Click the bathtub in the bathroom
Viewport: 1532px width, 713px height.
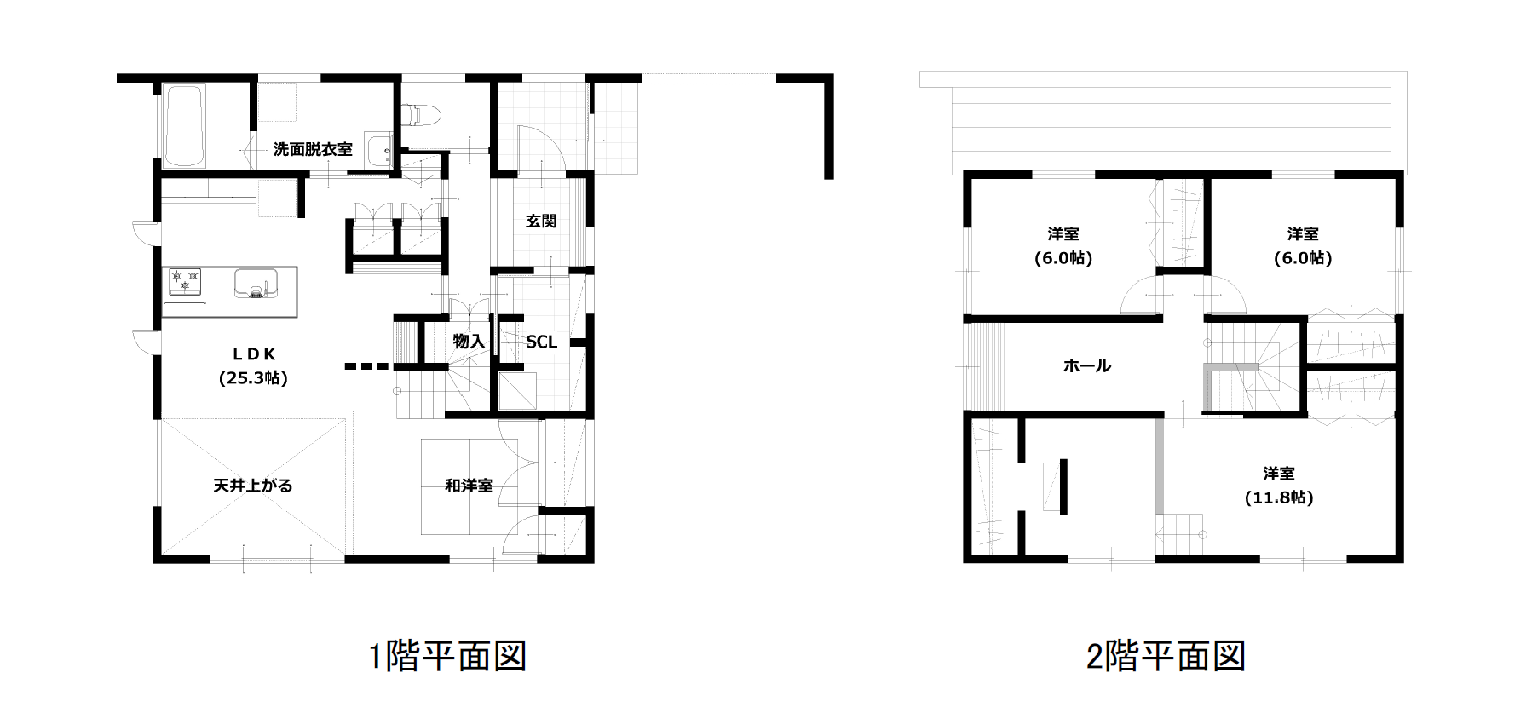(x=184, y=125)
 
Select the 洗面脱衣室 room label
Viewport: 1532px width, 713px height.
(x=313, y=149)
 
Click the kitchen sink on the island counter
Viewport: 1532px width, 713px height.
(x=256, y=284)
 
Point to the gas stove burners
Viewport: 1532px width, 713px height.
(x=185, y=279)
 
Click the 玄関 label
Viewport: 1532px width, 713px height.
(x=541, y=221)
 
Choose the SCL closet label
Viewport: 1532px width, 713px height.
(x=541, y=342)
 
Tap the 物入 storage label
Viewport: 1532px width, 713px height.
(x=469, y=342)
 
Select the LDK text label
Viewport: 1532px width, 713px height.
(x=254, y=354)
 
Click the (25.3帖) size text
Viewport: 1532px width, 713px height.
(x=253, y=378)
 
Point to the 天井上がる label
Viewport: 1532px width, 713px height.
(x=253, y=486)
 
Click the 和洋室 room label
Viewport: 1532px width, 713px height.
(x=469, y=486)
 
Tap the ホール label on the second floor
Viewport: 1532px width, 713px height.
(x=1087, y=366)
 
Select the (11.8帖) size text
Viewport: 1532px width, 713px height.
(x=1279, y=497)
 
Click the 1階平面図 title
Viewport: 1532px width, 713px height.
(x=448, y=656)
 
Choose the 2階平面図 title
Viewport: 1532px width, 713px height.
(x=1166, y=656)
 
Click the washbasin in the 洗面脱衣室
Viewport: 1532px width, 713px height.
(x=377, y=151)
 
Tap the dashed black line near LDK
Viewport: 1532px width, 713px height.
(x=366, y=367)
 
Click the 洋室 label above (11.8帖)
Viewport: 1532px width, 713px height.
(x=1279, y=474)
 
